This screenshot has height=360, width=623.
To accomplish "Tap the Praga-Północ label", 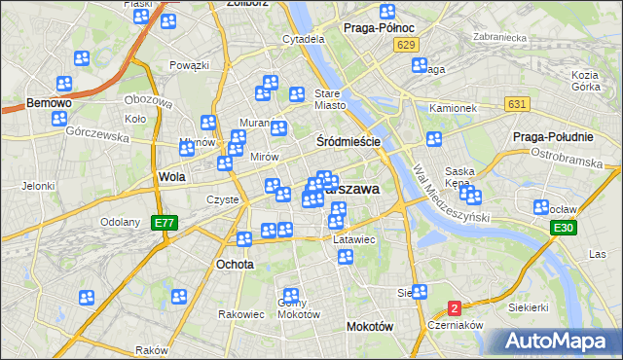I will pos(381,28).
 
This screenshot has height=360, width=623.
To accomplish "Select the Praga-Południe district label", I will pos(548,136).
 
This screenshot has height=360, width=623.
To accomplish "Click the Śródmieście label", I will pos(348,141).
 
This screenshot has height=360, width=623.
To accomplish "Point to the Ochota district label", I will pos(235,264).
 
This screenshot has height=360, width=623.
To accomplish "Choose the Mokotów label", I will pos(370,327).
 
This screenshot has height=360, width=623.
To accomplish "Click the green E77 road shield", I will pos(165,223).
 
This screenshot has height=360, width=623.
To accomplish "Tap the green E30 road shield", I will pos(562,228).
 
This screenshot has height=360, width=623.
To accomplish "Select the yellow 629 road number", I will pos(408,46).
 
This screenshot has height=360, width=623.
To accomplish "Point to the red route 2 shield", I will pos(454,308).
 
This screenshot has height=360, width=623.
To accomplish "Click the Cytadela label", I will pos(303,40).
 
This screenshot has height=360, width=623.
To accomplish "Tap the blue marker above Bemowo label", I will pos(65,85).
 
